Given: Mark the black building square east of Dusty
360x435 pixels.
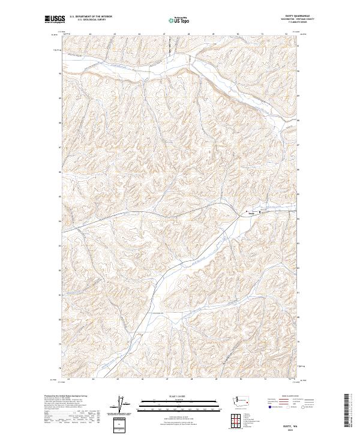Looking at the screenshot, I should coord(260,212).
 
